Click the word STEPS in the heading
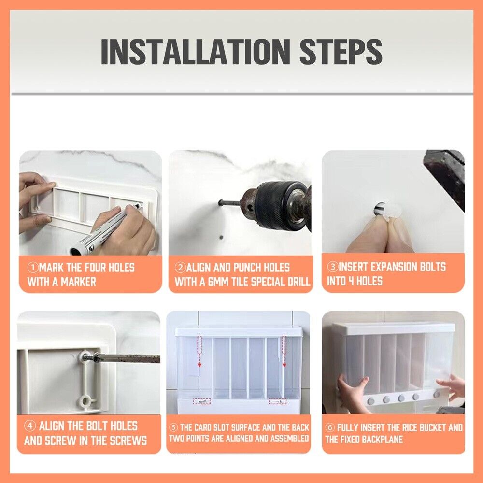tap(341, 52)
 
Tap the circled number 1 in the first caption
tap(33, 268)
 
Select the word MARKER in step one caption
tap(79, 282)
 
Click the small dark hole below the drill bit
tap(221, 238)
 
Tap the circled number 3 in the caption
tap(333, 267)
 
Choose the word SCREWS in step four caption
tap(128, 440)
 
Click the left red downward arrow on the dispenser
tap(199, 351)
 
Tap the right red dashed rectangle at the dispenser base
tap(277, 401)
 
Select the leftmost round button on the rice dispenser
tap(370, 401)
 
